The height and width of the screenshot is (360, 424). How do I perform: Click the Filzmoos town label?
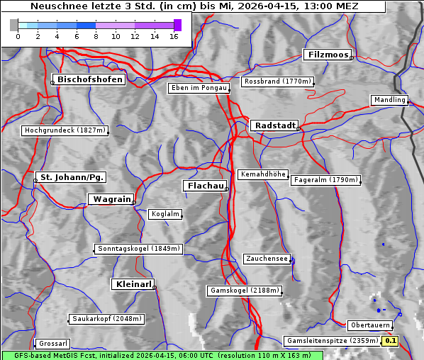point(328,55)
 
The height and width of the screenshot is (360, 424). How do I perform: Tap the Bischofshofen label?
point(91,79)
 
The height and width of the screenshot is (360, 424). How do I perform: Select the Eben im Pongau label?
point(199,88)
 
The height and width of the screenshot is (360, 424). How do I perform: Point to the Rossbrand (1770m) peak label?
point(277,81)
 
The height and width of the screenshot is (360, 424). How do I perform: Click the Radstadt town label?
point(274,125)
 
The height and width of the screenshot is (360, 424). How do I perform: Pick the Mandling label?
point(389,100)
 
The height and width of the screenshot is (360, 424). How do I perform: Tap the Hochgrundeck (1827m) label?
point(65,130)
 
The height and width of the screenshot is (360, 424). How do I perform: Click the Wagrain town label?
point(111,199)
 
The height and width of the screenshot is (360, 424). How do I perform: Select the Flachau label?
point(205,186)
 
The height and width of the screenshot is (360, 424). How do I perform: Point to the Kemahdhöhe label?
point(263,174)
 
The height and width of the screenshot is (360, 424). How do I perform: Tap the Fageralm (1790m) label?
point(325,180)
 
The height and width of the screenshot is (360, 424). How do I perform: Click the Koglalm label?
point(165,214)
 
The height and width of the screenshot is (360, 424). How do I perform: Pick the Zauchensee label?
point(267,259)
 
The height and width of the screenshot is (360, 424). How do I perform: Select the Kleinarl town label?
point(133,284)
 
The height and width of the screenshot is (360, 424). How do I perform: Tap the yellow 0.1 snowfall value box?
point(391,341)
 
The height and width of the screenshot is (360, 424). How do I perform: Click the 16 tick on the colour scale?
point(174,35)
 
